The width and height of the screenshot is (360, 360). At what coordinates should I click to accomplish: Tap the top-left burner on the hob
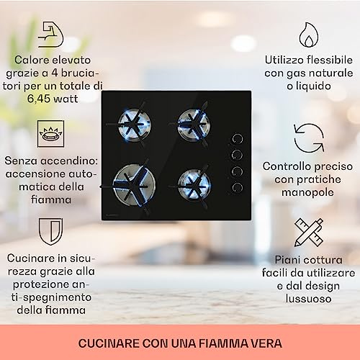(x=133, y=120)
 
